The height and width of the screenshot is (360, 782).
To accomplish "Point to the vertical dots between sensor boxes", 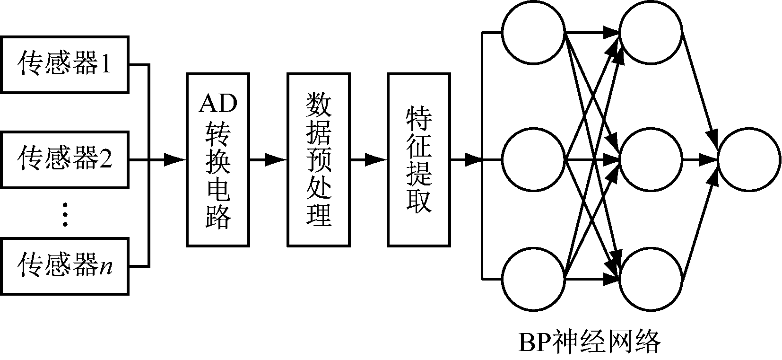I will pyautogui.click(x=65, y=214).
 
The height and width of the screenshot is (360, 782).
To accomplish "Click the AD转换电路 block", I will pyautogui.click(x=217, y=160).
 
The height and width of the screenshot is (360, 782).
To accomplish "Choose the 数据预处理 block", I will pyautogui.click(x=319, y=160).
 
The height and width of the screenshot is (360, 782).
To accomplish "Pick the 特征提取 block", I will pyautogui.click(x=419, y=160).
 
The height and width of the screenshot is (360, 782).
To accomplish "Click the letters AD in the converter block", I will pyautogui.click(x=217, y=104).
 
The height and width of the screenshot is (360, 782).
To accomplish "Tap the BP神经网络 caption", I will pyautogui.click(x=589, y=342).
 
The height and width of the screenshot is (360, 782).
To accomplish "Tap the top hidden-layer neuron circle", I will pyautogui.click(x=651, y=33).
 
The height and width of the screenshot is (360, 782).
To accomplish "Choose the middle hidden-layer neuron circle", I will pyautogui.click(x=651, y=160).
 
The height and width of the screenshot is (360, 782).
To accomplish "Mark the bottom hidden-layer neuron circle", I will pyautogui.click(x=651, y=279).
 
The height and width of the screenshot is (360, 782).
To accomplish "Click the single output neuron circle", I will pyautogui.click(x=749, y=160).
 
